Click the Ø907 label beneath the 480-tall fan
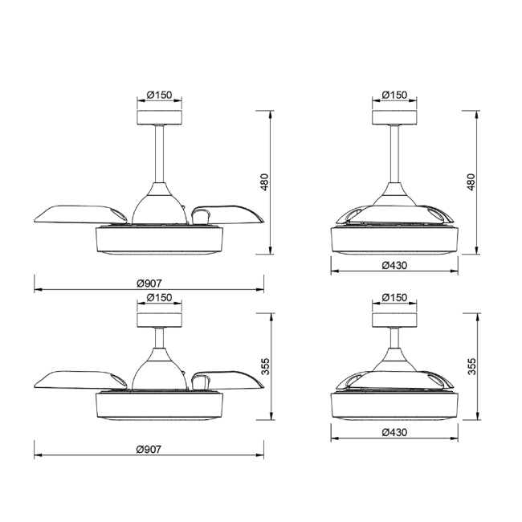click(149, 283)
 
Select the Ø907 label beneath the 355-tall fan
click(149, 450)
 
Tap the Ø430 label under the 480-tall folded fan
click(394, 265)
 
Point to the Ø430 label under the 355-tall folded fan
click(394, 432)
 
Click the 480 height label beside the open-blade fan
click(264, 181)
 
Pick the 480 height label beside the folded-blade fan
click(471, 181)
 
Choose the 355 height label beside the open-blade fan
click(265, 366)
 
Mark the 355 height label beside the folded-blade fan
click(471, 366)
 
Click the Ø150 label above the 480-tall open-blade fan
click(160, 95)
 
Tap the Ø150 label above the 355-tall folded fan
click(394, 297)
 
